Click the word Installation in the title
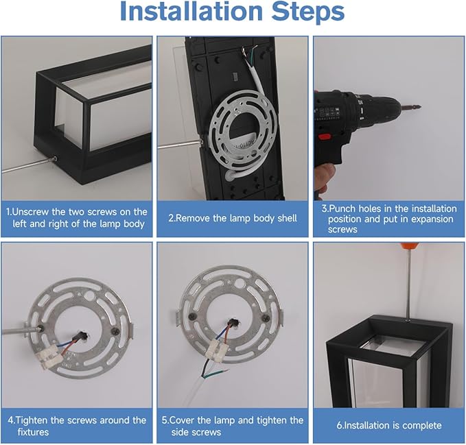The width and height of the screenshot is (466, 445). tap(191, 11)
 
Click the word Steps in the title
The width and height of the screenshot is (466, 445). tap(308, 13)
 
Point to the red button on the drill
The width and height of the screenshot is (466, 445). tap(325, 137)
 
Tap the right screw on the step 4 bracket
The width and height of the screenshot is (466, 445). tap(114, 331)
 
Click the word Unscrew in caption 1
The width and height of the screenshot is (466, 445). tap(31, 212)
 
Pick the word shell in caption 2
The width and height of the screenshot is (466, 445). tap(287, 218)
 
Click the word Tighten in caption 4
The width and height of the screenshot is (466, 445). tap(32, 420)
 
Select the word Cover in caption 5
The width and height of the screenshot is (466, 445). tap(182, 420)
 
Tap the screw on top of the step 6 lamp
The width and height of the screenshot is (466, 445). tap(407, 321)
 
